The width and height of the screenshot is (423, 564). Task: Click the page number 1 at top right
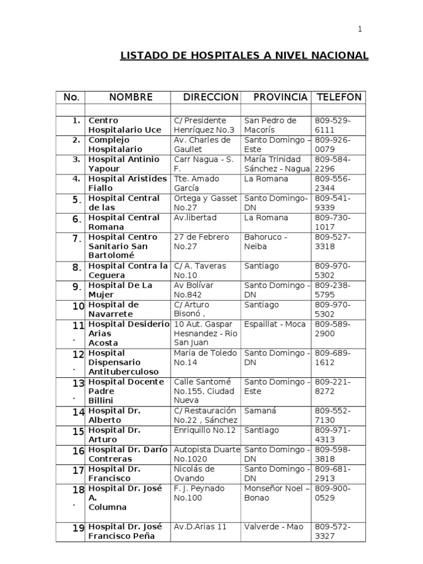tap(360, 30)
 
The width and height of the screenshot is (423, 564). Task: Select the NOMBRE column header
tap(131, 97)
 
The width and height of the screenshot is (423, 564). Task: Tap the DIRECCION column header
tap(211, 97)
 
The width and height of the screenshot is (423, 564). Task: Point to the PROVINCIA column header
tap(280, 97)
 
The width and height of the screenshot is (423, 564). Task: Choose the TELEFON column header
tap(339, 97)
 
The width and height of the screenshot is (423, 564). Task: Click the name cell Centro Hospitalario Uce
tap(125, 125)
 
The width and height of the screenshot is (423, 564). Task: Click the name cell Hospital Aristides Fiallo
tap(127, 183)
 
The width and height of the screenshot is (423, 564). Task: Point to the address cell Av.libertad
tap(195, 218)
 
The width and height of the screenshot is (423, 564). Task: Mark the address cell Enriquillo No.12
tap(204, 430)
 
